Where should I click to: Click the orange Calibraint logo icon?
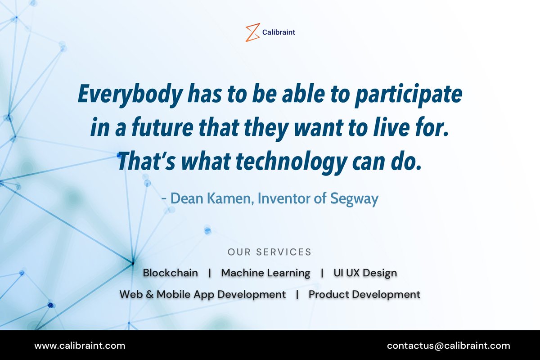coord(252,32)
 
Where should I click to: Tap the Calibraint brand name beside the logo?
coord(279,32)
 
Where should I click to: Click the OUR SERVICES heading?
coord(270,252)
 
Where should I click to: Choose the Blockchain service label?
coord(170,273)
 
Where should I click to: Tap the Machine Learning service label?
coord(265,273)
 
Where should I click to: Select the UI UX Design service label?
coord(365,273)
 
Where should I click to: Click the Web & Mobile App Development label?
coord(202,294)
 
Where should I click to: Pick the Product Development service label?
coord(364,294)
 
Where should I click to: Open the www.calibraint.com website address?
coord(80,346)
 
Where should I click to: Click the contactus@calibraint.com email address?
coord(449,346)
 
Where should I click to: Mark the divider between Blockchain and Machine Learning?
coord(210,273)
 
